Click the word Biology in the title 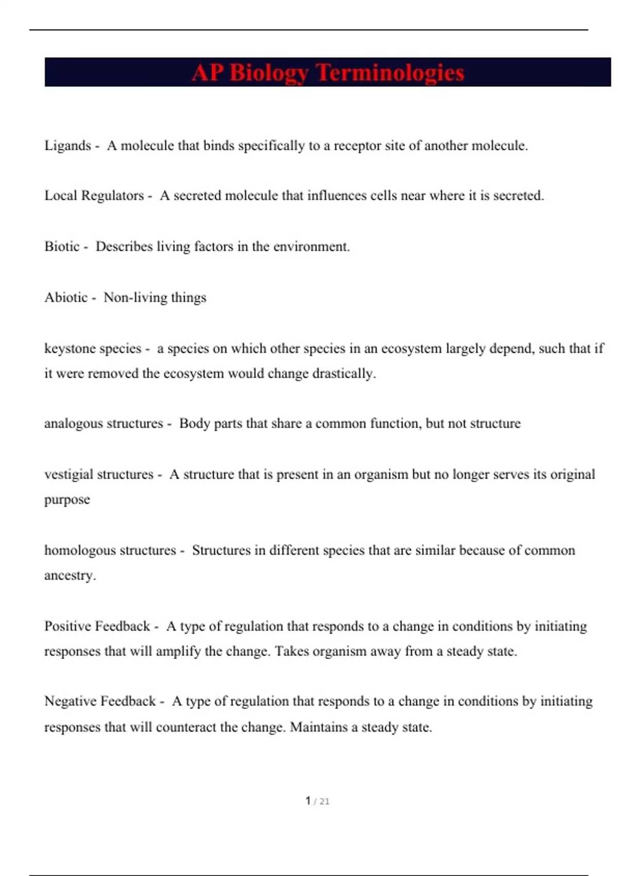click(269, 73)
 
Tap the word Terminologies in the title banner click(390, 73)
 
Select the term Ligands click(67, 146)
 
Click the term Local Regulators click(94, 196)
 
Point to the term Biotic click(62, 246)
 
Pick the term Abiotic click(66, 297)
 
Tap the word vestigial click(69, 474)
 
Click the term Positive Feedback click(97, 626)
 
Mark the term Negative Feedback click(100, 701)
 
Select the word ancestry click(70, 576)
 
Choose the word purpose click(67, 499)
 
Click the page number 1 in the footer click(308, 801)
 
